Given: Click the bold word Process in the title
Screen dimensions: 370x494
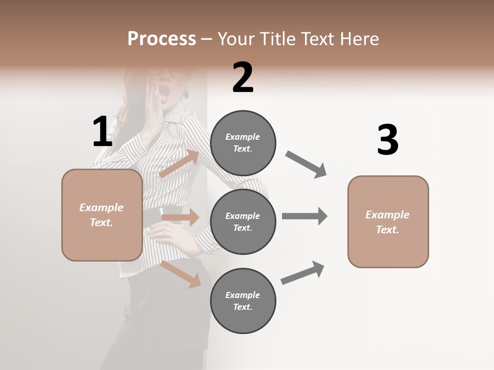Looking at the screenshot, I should coord(162,39).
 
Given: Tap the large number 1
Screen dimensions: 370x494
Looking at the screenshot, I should coord(102,132).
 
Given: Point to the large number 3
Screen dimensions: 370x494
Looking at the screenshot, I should coord(387,140).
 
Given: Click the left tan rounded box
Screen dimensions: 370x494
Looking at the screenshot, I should coord(102,215).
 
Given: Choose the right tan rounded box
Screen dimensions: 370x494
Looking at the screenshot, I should coord(388,222).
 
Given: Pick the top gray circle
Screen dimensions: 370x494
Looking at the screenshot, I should coord(243,143).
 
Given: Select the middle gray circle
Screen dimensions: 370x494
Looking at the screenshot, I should coord(243,221).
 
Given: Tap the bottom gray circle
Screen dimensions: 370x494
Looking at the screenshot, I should coord(243,301).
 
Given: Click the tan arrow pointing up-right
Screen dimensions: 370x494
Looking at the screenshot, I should coord(179,164).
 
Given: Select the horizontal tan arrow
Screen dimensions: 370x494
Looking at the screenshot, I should coord(180,217).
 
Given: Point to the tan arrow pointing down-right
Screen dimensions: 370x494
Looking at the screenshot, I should coord(181,274).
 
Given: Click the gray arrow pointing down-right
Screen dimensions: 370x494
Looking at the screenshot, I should coord(306,164).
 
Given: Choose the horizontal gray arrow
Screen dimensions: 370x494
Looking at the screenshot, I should coord(305,216).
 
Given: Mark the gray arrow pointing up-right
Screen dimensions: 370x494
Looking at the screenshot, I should coord(303,272).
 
